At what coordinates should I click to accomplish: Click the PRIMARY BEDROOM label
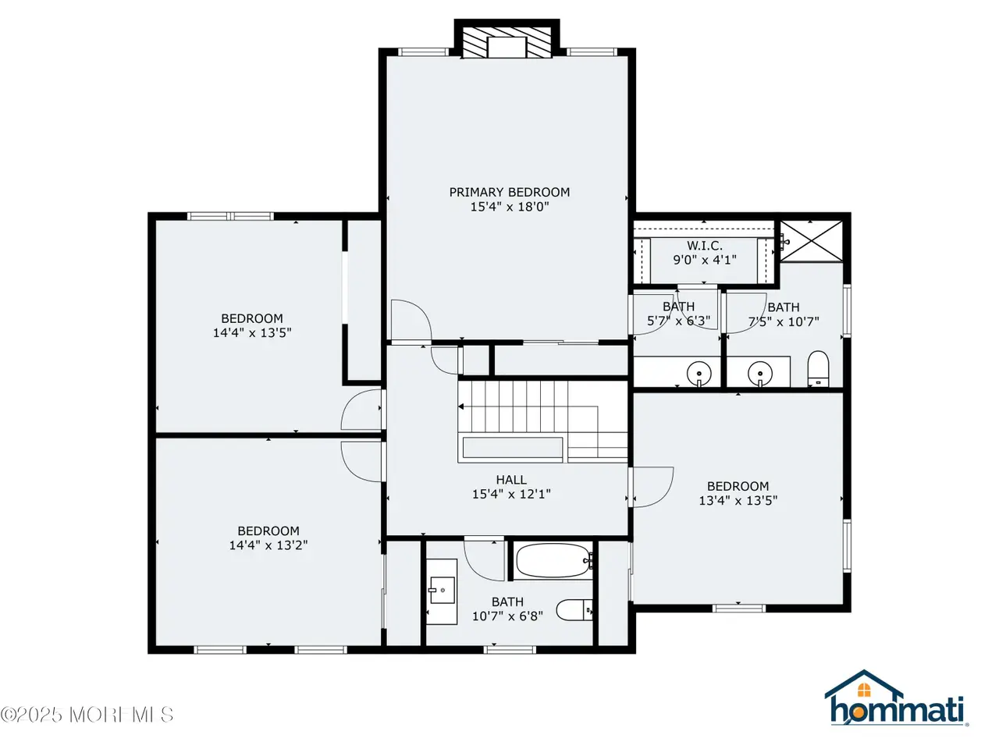(510, 192)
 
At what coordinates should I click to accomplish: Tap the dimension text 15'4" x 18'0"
(510, 207)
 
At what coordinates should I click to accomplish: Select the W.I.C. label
(705, 246)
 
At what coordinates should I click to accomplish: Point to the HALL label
(511, 479)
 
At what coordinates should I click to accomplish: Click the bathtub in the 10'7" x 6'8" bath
(554, 561)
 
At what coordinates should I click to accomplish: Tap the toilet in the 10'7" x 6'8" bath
(574, 610)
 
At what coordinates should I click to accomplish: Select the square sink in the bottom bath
(442, 591)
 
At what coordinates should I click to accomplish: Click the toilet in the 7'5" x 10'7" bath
(818, 368)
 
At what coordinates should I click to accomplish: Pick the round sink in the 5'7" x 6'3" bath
(699, 373)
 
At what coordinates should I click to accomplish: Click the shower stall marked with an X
(812, 241)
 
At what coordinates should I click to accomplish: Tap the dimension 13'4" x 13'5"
(738, 500)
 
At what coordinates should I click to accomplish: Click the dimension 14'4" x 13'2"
(268, 545)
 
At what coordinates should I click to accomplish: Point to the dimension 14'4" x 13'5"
(252, 332)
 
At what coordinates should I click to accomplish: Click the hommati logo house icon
(863, 687)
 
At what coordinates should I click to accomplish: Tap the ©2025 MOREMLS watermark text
(87, 715)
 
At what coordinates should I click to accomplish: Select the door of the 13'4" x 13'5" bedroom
(653, 487)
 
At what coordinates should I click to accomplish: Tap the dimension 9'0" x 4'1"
(705, 260)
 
